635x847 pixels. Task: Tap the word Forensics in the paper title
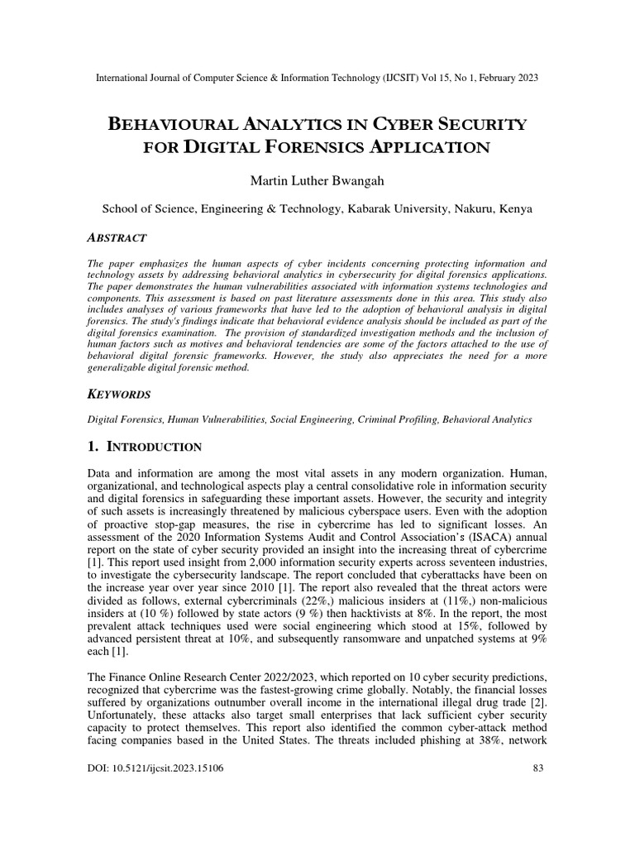284,149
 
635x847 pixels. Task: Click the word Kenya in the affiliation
515,209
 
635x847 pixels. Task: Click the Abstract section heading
117,237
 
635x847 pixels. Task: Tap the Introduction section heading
154,447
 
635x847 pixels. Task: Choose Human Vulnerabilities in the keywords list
213,420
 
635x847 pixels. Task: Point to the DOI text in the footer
155,768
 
